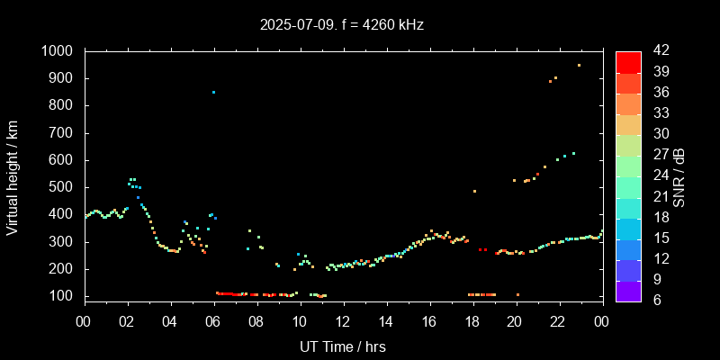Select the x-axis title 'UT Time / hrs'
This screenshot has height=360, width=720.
pyautogui.click(x=343, y=346)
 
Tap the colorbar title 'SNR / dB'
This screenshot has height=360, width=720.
pyautogui.click(x=679, y=175)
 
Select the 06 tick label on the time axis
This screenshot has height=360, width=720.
pyautogui.click(x=213, y=321)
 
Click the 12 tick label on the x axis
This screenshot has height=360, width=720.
pyautogui.click(x=343, y=321)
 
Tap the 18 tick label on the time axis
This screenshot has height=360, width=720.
pyautogui.click(x=472, y=321)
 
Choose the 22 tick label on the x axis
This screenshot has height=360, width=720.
pyautogui.click(x=559, y=321)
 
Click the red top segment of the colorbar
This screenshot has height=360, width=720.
pyautogui.click(x=628, y=61)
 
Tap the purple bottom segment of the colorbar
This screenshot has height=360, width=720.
pyautogui.click(x=628, y=291)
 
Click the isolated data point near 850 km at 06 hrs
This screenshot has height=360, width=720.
pyautogui.click(x=213, y=92)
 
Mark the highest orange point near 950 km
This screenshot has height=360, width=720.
pyautogui.click(x=579, y=65)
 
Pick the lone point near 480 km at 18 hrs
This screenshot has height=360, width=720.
pyautogui.click(x=474, y=191)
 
